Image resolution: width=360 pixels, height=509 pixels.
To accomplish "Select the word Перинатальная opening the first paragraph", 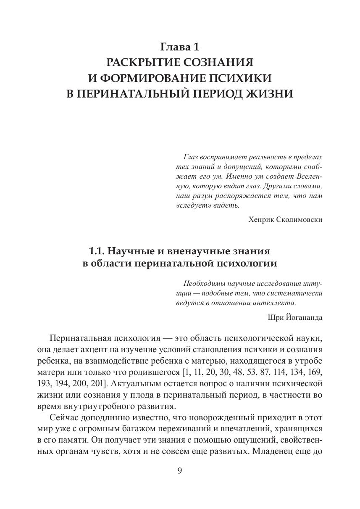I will pos(75,338).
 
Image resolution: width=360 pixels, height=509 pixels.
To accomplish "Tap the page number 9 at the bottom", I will pos(180,471).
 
